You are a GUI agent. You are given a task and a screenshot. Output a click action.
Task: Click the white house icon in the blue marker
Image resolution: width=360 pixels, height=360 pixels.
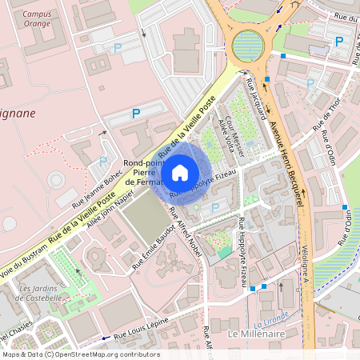tap(180, 172)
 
